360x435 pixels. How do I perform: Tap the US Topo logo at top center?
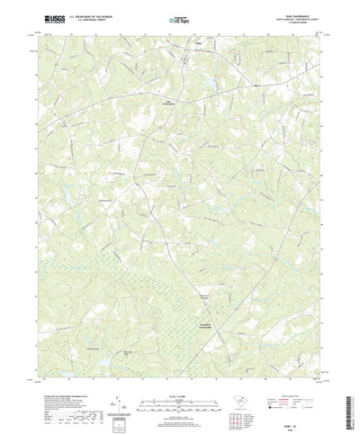coord(179,17)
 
